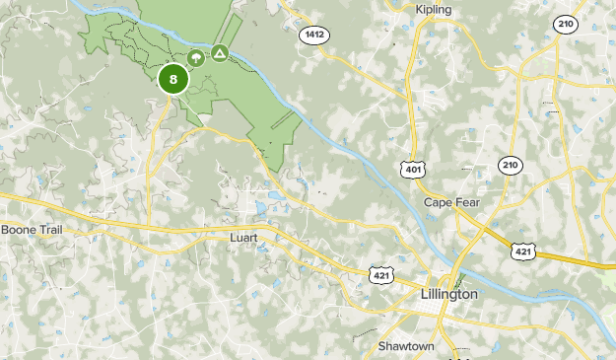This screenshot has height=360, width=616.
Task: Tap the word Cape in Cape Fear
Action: pos(440,202)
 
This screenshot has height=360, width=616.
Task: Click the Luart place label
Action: pos(243,238)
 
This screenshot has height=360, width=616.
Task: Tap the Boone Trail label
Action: pos(33,230)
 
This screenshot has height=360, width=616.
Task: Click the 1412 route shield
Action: pos(314,36)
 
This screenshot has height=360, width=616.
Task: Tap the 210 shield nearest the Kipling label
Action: pos(565,25)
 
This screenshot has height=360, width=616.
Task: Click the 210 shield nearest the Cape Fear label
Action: pos(509,165)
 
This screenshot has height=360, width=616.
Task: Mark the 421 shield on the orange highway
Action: pos(523,252)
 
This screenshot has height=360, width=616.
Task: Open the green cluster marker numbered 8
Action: pos(173,80)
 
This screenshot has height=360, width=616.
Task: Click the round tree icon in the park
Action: pos(196,58)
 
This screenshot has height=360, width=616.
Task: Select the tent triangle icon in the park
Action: pos(219,51)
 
